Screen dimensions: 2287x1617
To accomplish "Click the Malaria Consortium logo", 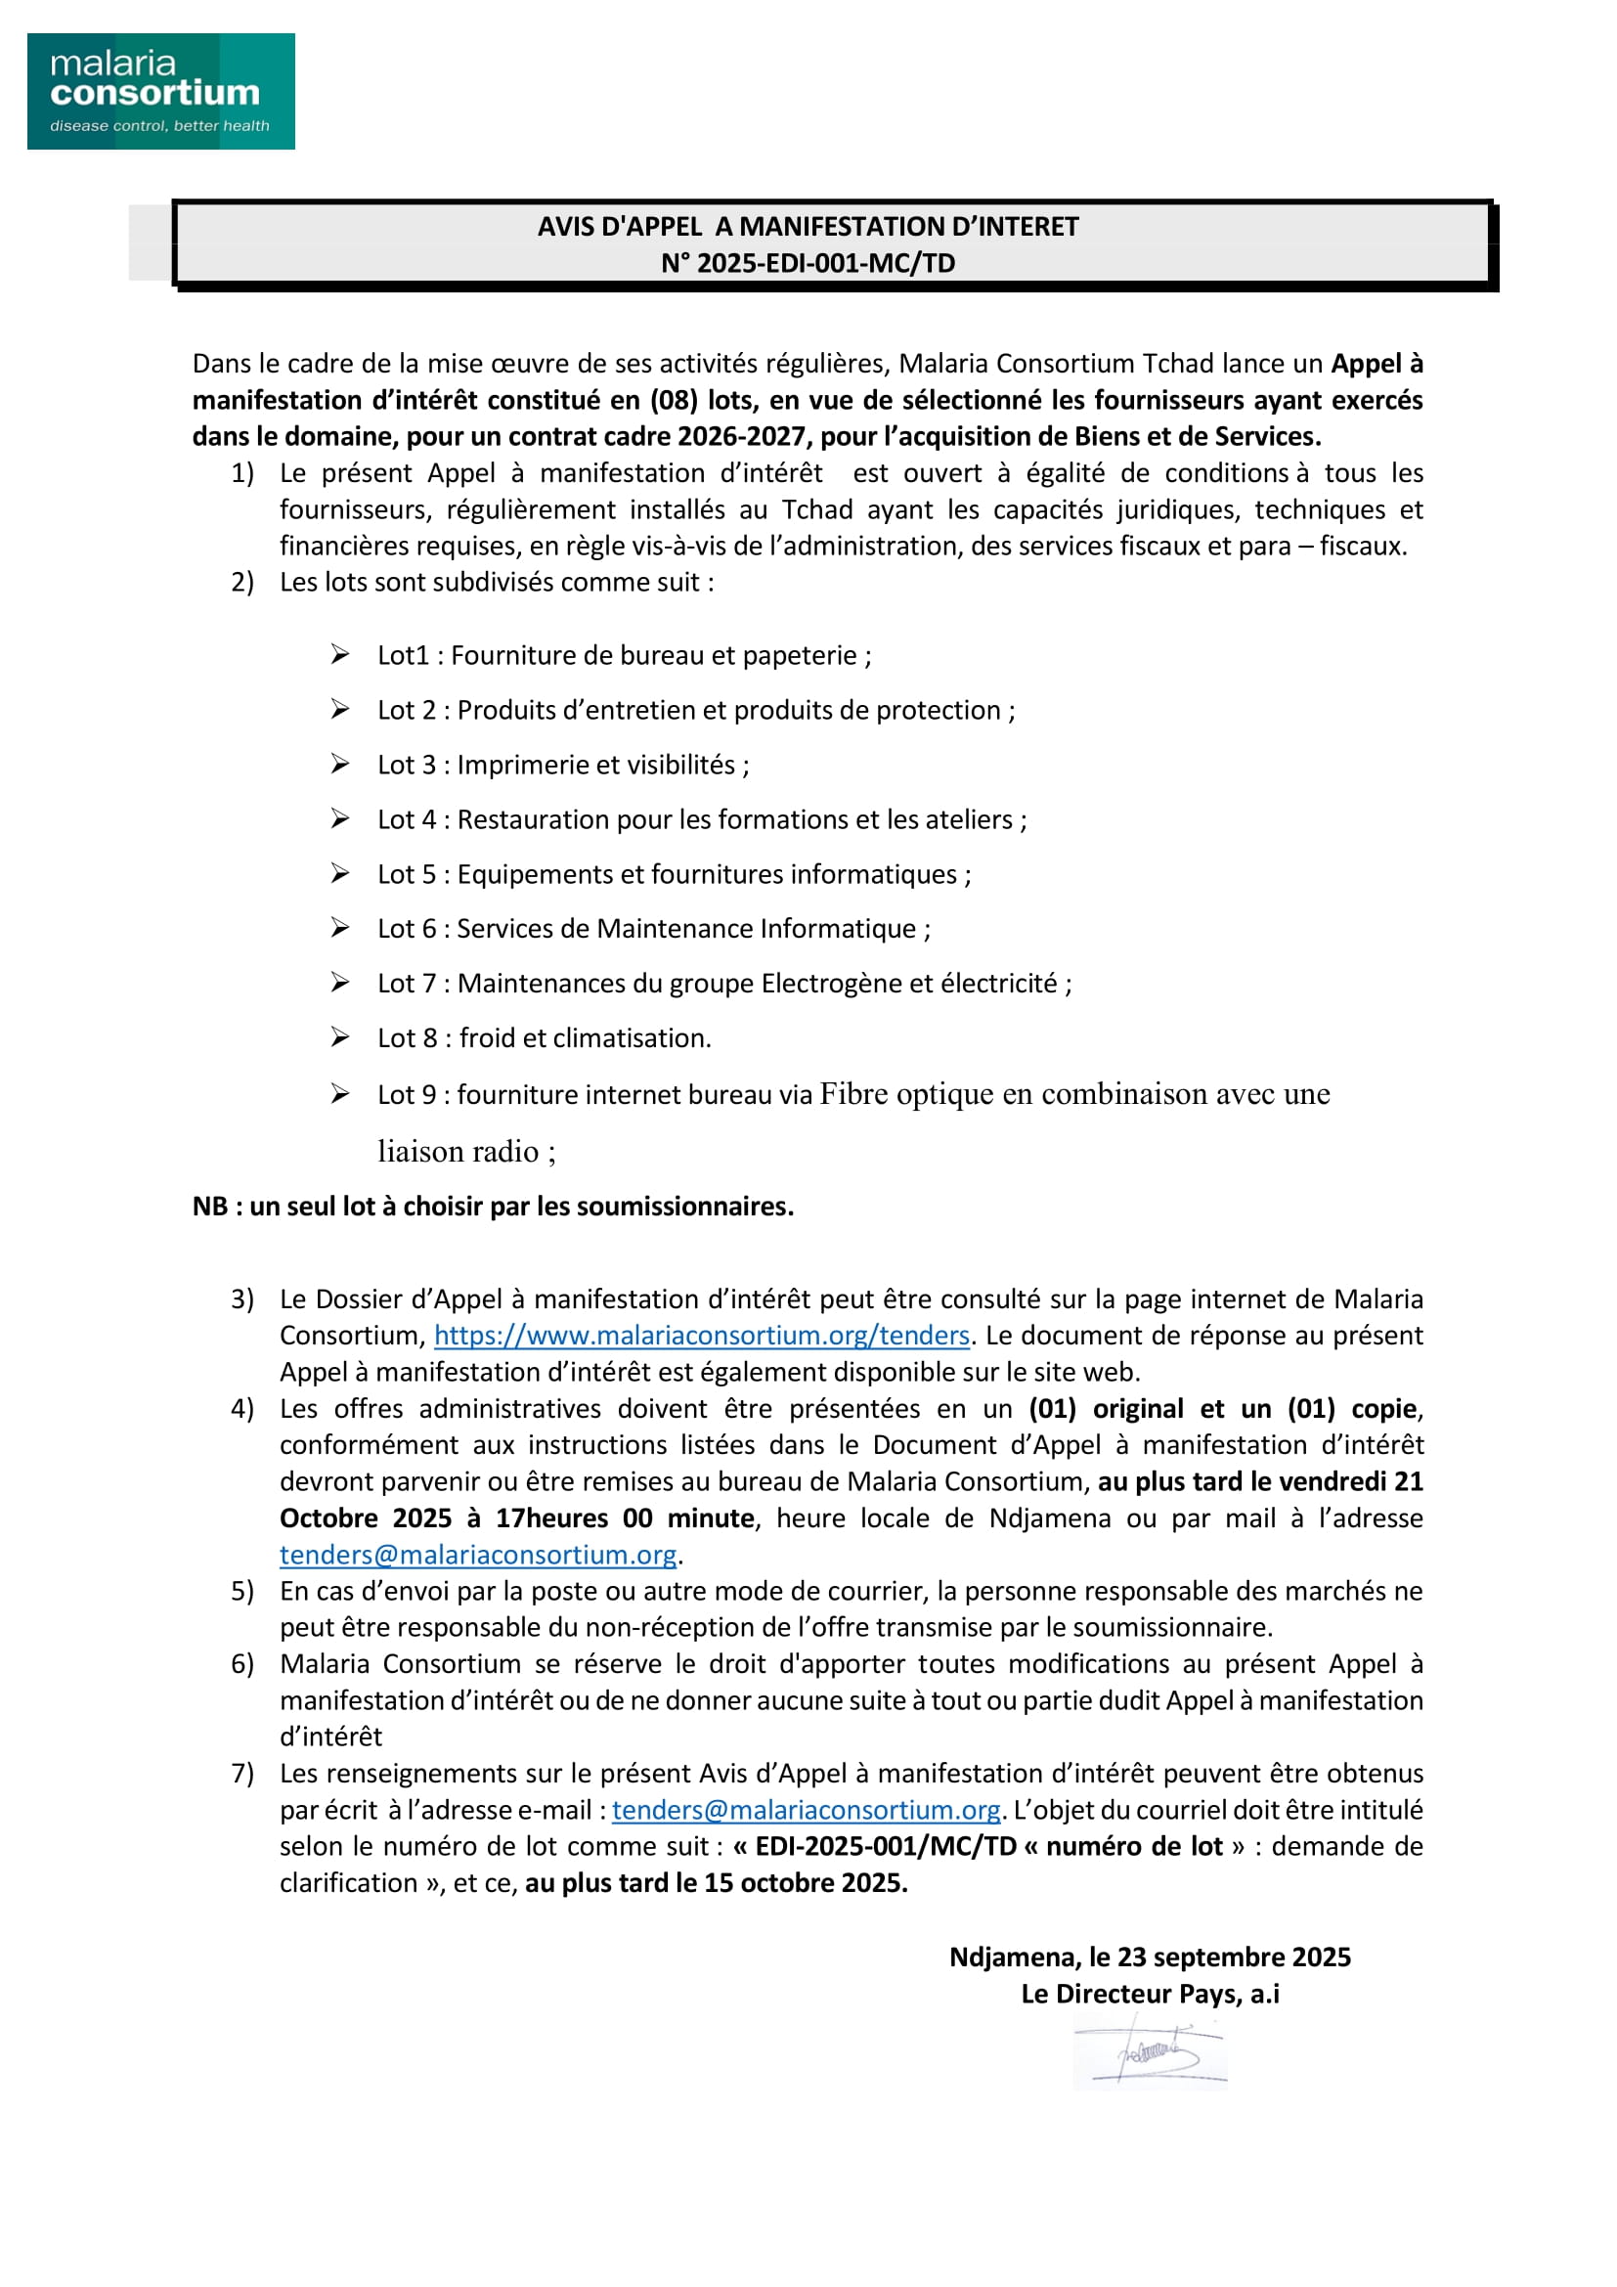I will (x=160, y=92).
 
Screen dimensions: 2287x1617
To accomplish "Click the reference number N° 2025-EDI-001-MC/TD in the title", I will (x=808, y=263).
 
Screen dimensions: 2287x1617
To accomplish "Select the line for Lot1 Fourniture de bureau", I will (x=624, y=655).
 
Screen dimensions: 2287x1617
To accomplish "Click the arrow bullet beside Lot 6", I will (x=340, y=928).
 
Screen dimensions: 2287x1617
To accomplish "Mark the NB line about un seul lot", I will (x=493, y=1207).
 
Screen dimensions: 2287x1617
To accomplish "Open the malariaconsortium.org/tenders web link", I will (x=701, y=1336).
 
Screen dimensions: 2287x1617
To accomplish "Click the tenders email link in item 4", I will (x=478, y=1555).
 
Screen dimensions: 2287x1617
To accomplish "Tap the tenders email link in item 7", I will (x=806, y=1810).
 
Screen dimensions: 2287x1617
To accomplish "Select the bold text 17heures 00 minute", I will (x=625, y=1518).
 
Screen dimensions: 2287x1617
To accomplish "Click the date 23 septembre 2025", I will (x=1234, y=1957).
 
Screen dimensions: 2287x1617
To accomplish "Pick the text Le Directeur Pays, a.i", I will (x=1150, y=1994).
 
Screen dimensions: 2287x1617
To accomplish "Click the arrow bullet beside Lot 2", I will (x=340, y=709).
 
